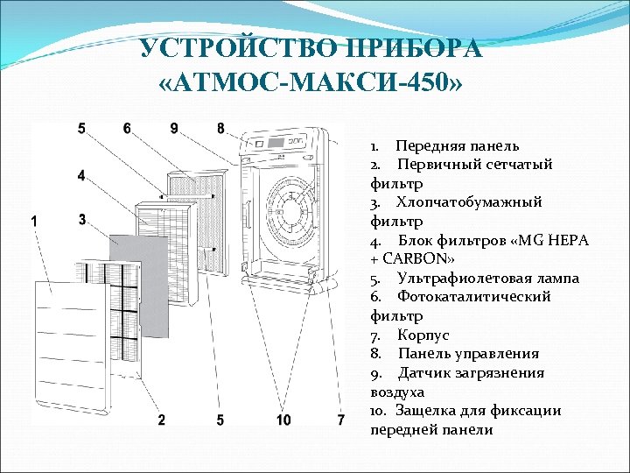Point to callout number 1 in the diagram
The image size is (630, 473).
tap(33, 222)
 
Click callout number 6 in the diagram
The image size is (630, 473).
tap(128, 128)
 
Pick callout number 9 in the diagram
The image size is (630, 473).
tap(175, 128)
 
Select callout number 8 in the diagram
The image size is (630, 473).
tap(220, 128)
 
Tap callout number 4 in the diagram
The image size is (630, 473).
tap(81, 175)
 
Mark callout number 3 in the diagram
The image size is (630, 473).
tap(81, 220)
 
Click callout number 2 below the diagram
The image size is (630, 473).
tap(162, 420)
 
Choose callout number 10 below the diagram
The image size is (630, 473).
tap(283, 420)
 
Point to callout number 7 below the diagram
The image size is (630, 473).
tap(340, 420)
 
